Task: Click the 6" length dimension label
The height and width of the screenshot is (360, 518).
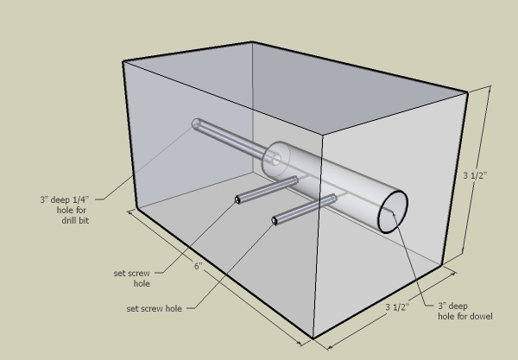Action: point(198,266)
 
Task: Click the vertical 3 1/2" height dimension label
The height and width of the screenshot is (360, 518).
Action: point(475,175)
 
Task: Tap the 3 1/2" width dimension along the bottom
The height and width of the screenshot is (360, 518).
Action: point(397,307)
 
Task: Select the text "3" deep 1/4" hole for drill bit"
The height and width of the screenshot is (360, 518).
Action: point(65,210)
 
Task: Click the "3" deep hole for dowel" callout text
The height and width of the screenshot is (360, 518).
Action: point(465,311)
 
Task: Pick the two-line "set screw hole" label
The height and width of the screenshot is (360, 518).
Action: point(132,278)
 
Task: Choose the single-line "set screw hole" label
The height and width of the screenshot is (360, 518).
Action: point(154,308)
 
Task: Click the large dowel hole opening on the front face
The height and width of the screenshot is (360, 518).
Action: point(393,212)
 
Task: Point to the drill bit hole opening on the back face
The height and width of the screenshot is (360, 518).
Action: point(196,123)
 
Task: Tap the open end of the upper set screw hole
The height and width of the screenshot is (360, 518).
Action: point(237,199)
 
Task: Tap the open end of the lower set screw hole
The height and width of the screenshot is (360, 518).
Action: point(275,220)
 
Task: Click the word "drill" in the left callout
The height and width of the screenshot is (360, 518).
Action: point(68,220)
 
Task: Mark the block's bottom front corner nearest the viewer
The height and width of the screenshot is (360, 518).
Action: point(313,338)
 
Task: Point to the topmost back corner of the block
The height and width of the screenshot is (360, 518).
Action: point(252,42)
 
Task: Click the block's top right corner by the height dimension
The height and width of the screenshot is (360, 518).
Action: point(467,93)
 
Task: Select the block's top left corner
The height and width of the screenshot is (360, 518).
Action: point(123,61)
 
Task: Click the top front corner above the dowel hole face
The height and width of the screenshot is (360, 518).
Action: point(322,135)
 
